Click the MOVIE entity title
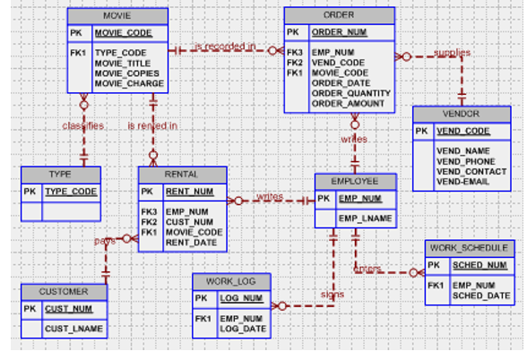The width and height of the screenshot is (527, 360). (x=117, y=16)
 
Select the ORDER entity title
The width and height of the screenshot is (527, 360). (x=339, y=15)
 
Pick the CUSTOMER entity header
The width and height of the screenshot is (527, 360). (x=64, y=292)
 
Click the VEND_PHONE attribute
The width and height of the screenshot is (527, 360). (x=465, y=161)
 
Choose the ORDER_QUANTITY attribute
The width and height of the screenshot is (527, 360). (x=350, y=93)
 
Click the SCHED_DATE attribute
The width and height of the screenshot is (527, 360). (x=479, y=296)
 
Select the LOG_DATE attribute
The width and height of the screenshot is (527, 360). (x=241, y=328)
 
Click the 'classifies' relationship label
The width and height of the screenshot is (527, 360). (x=83, y=126)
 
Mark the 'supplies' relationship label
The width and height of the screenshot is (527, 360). (x=452, y=53)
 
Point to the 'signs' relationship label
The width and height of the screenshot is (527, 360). (x=332, y=294)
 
